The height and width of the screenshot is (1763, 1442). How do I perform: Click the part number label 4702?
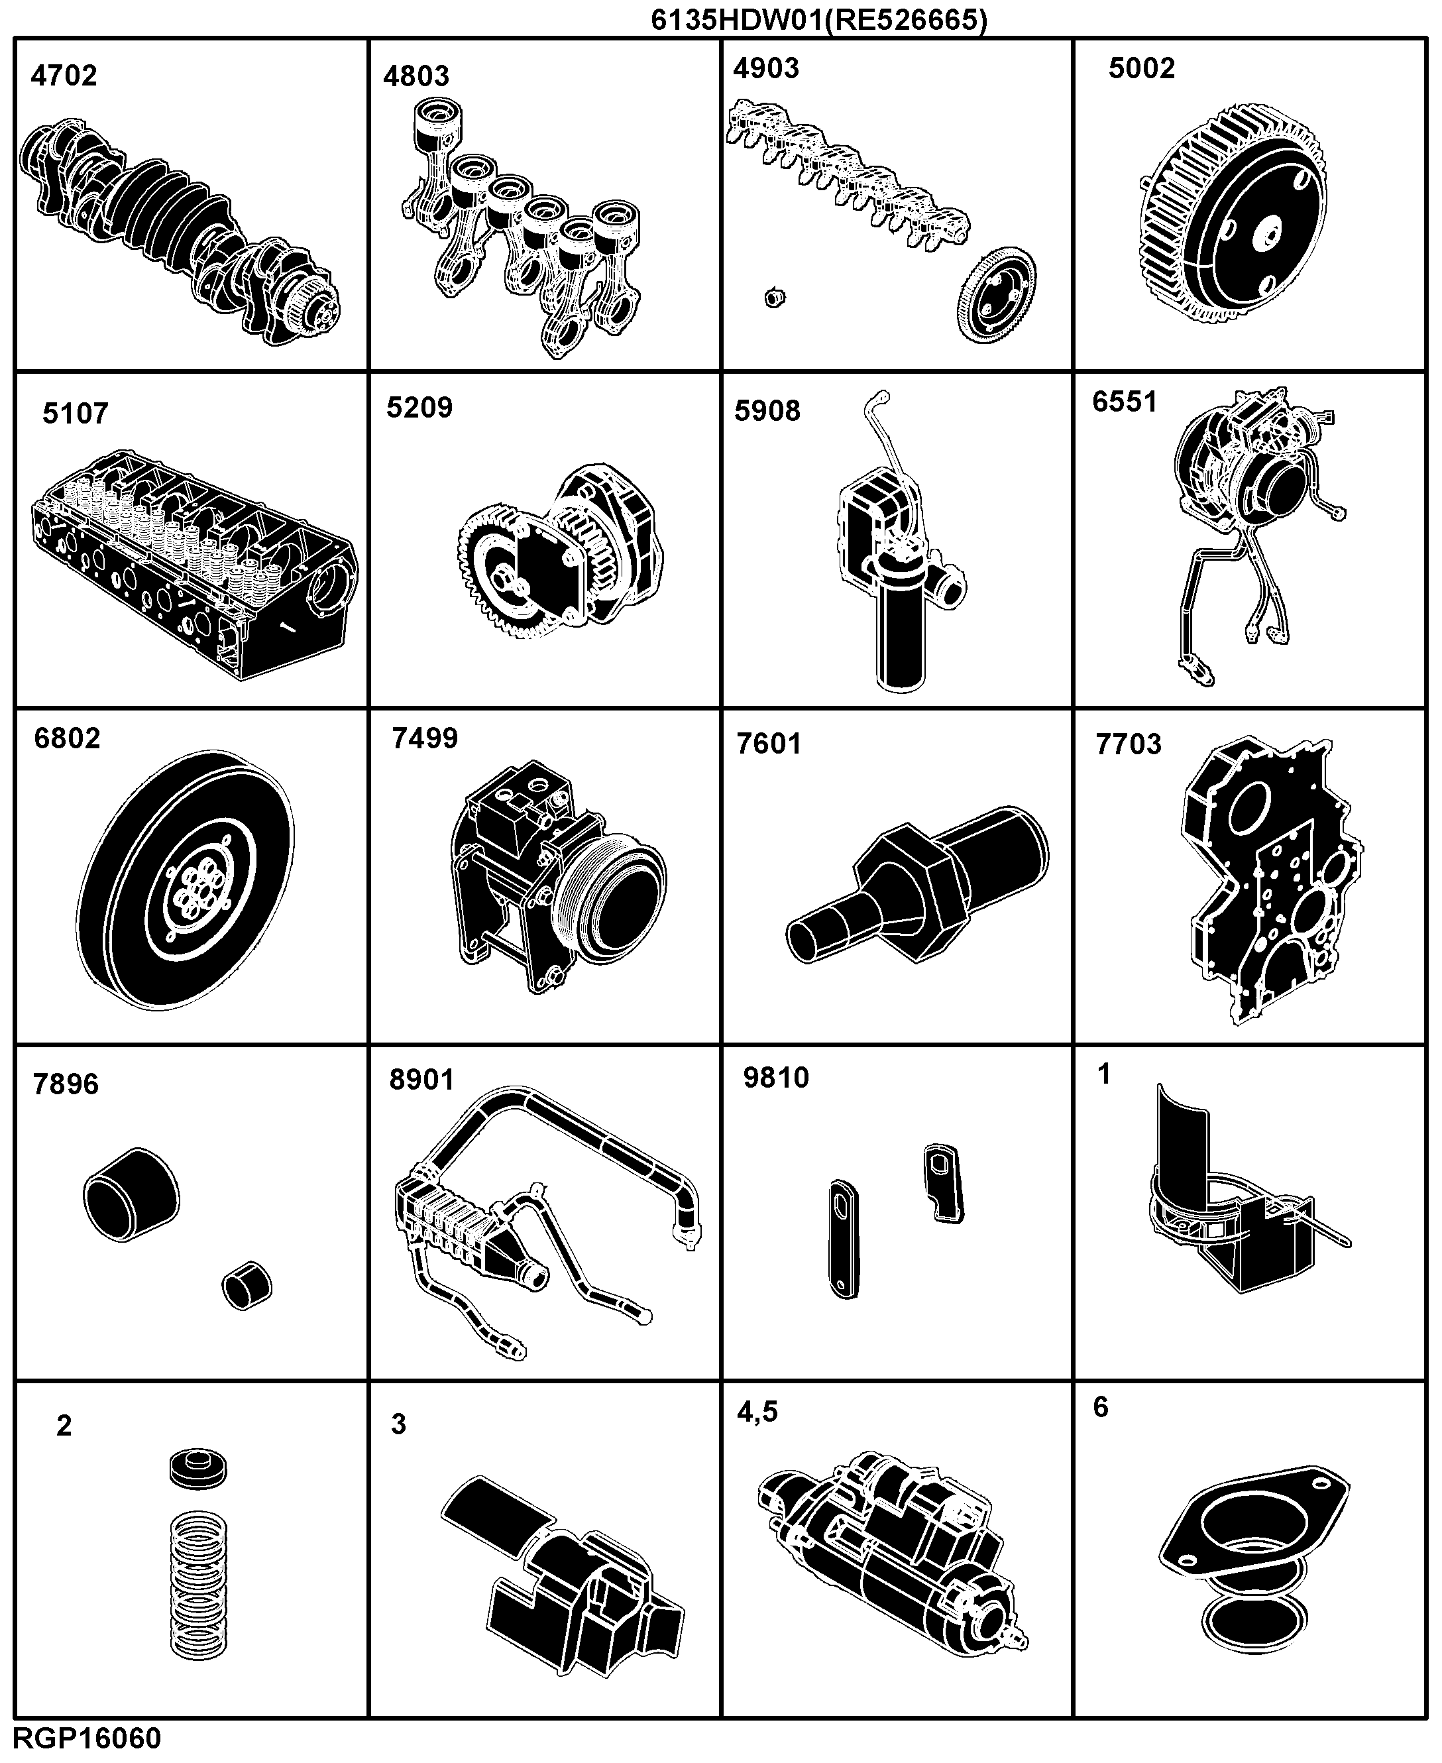coord(64,76)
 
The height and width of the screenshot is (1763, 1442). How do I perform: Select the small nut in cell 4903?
coord(774,297)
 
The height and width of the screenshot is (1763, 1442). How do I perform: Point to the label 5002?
coord(1142,68)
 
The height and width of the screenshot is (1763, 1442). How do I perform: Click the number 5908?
coord(767,410)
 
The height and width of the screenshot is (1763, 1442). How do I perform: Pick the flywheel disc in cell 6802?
coord(188,881)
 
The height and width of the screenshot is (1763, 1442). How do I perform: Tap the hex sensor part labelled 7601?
coord(918,884)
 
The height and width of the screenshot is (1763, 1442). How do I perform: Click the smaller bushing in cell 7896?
coord(247,1287)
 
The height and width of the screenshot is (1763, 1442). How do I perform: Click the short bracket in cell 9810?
coord(944,1184)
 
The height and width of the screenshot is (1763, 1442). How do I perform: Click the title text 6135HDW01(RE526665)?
coord(820,19)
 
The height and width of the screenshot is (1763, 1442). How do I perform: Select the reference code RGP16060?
coord(87,1739)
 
